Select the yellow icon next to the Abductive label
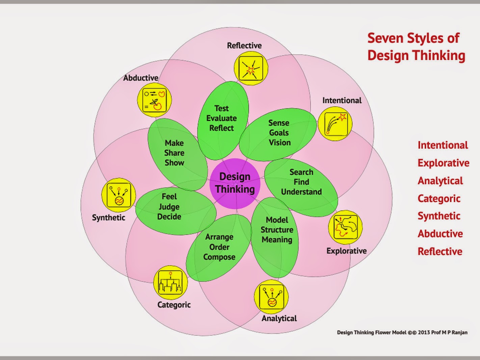click(154, 100)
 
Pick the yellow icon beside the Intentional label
click(335, 124)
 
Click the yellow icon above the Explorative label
click(345, 227)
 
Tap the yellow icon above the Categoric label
click(170, 282)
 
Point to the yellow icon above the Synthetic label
click(118, 195)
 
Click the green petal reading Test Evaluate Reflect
click(222, 118)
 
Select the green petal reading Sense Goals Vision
click(279, 133)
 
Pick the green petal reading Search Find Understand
click(301, 182)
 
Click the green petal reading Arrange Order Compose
click(219, 247)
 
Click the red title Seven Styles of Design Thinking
click(416, 47)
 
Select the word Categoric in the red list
click(439, 198)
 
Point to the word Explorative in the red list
click(443, 163)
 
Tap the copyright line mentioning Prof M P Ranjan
click(402, 332)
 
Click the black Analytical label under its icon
click(279, 318)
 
